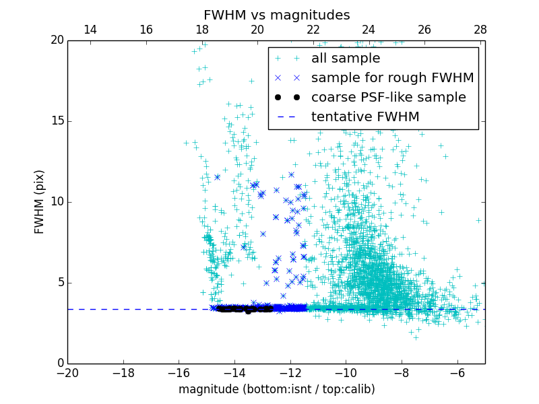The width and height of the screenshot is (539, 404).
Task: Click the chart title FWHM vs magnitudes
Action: (276, 15)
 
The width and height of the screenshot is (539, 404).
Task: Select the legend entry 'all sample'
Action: (346, 59)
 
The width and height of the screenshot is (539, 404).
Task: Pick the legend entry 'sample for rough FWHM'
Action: (392, 78)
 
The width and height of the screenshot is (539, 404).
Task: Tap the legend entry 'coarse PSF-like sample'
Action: (388, 98)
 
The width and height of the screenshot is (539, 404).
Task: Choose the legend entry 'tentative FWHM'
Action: (365, 117)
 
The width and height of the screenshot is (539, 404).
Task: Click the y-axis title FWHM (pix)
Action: (40, 202)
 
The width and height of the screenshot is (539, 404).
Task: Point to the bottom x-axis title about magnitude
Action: (276, 389)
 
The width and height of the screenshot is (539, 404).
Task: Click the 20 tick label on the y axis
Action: (56, 40)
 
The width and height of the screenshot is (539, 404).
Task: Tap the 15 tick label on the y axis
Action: (56, 121)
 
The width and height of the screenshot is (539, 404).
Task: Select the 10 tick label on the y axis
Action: (56, 202)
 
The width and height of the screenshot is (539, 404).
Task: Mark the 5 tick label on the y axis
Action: (59, 283)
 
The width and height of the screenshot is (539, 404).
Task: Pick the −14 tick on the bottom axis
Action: (234, 373)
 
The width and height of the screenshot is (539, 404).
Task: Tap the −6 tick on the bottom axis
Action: (457, 373)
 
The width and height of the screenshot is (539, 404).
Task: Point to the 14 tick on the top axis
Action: (90, 30)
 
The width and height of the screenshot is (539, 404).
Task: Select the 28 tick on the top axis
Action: (480, 30)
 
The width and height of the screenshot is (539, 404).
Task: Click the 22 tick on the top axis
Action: (313, 30)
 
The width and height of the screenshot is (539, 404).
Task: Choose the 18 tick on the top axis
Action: (201, 30)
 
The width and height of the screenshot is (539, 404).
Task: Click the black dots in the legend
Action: (287, 98)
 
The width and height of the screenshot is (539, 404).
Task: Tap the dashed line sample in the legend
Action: (287, 117)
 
